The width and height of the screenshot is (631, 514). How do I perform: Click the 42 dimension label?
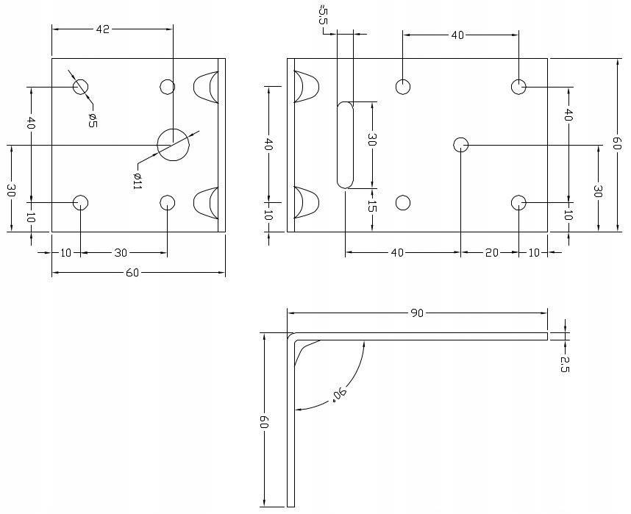(102, 29)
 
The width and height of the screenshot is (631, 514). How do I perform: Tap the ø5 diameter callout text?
(92, 120)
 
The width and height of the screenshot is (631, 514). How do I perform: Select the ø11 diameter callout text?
(138, 180)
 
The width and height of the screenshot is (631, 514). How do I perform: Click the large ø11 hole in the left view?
(173, 143)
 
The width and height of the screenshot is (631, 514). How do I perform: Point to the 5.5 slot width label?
(323, 15)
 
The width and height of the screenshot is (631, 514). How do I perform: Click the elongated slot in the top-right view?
(345, 145)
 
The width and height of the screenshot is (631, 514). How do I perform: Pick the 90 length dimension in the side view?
(416, 313)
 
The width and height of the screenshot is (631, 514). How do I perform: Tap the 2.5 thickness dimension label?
(564, 364)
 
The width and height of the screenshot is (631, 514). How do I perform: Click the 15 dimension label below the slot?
(372, 208)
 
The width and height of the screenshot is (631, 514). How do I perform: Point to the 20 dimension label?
(491, 252)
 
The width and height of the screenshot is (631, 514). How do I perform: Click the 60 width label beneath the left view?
(132, 273)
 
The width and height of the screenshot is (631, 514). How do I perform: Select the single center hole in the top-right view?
(461, 144)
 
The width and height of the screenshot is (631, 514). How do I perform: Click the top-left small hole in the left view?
(80, 87)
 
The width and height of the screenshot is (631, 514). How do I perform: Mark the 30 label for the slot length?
(372, 140)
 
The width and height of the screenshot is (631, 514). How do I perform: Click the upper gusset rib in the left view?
(206, 87)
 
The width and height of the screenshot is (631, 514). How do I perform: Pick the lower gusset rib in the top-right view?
(306, 202)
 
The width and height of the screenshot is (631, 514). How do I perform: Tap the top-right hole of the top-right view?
(519, 87)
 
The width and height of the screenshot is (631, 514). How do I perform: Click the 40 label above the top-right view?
(457, 35)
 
